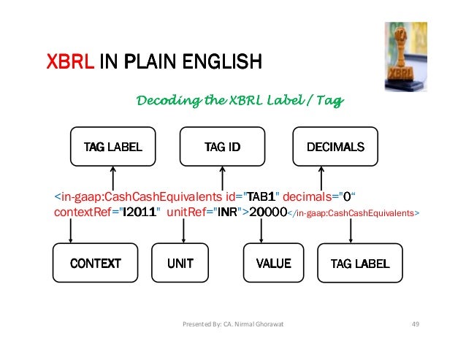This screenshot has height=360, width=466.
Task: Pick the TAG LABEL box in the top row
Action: (112, 147)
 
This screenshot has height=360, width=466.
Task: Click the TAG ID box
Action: (222, 147)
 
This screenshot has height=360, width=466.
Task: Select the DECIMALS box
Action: (335, 147)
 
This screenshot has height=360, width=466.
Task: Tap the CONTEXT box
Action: (95, 263)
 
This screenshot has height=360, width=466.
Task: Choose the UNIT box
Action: (180, 263)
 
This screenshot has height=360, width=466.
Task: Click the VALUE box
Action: (274, 263)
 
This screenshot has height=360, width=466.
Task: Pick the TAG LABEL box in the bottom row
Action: (361, 263)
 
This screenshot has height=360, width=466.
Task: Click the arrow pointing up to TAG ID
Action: (222, 177)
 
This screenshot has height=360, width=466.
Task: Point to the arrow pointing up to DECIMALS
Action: (321, 177)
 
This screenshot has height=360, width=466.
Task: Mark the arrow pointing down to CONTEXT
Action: (71, 231)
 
